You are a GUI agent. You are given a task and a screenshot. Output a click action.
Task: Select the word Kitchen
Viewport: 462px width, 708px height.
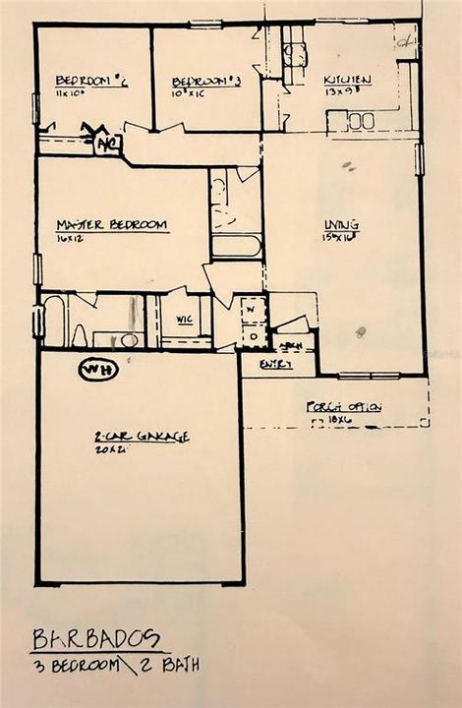pos(347,80)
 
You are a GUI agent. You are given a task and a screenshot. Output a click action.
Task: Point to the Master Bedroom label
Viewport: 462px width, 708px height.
pos(111,225)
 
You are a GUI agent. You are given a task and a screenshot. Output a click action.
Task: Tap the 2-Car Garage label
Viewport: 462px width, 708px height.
pos(142,436)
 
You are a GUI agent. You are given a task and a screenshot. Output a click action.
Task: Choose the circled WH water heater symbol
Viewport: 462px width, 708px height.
pos(97,370)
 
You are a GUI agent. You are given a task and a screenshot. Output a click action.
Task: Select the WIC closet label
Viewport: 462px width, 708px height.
pos(184,320)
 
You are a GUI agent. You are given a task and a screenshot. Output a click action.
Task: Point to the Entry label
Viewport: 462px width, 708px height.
pos(269,365)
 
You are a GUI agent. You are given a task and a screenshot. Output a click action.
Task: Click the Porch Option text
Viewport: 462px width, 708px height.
pos(343,407)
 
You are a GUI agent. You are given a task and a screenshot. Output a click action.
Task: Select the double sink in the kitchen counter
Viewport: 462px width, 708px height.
pos(360,121)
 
